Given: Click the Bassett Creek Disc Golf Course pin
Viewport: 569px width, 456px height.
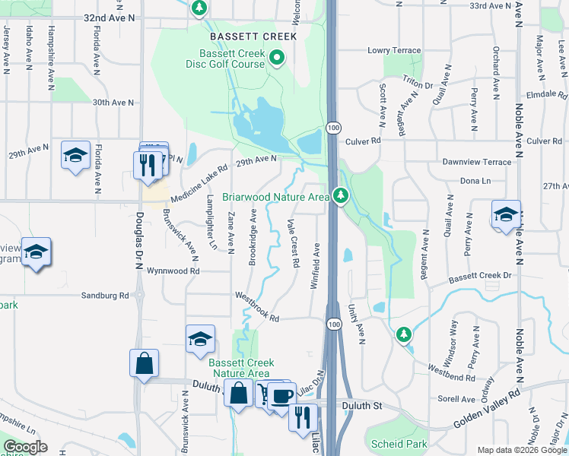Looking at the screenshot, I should click(277, 57).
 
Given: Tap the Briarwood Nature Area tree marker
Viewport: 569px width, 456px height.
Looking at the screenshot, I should click(340, 196).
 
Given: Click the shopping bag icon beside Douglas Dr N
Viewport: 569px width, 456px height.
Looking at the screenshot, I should click(144, 365).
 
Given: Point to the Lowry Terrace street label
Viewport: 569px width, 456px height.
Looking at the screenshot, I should click(394, 50).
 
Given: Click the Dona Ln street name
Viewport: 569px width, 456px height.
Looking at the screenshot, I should click(475, 181).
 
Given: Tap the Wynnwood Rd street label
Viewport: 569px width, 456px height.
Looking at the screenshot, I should click(173, 271).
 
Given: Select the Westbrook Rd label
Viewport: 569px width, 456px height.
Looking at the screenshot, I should click(257, 306).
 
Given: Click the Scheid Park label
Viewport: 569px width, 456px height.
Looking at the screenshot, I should click(399, 444).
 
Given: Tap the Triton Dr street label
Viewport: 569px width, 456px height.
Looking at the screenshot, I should click(418, 86).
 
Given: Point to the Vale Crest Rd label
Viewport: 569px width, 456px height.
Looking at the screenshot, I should click(293, 242).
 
